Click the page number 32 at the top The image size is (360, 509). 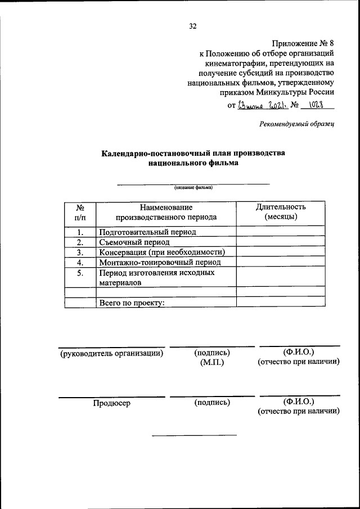click(x=193, y=26)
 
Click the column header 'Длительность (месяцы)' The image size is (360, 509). click(x=280, y=211)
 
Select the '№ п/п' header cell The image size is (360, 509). click(x=80, y=211)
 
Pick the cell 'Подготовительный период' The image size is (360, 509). click(x=148, y=231)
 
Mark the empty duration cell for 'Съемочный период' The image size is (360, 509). click(x=280, y=242)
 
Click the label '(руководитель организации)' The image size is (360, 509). click(x=112, y=353)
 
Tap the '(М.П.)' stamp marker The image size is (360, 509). click(x=211, y=363)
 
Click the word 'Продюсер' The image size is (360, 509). click(x=112, y=402)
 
